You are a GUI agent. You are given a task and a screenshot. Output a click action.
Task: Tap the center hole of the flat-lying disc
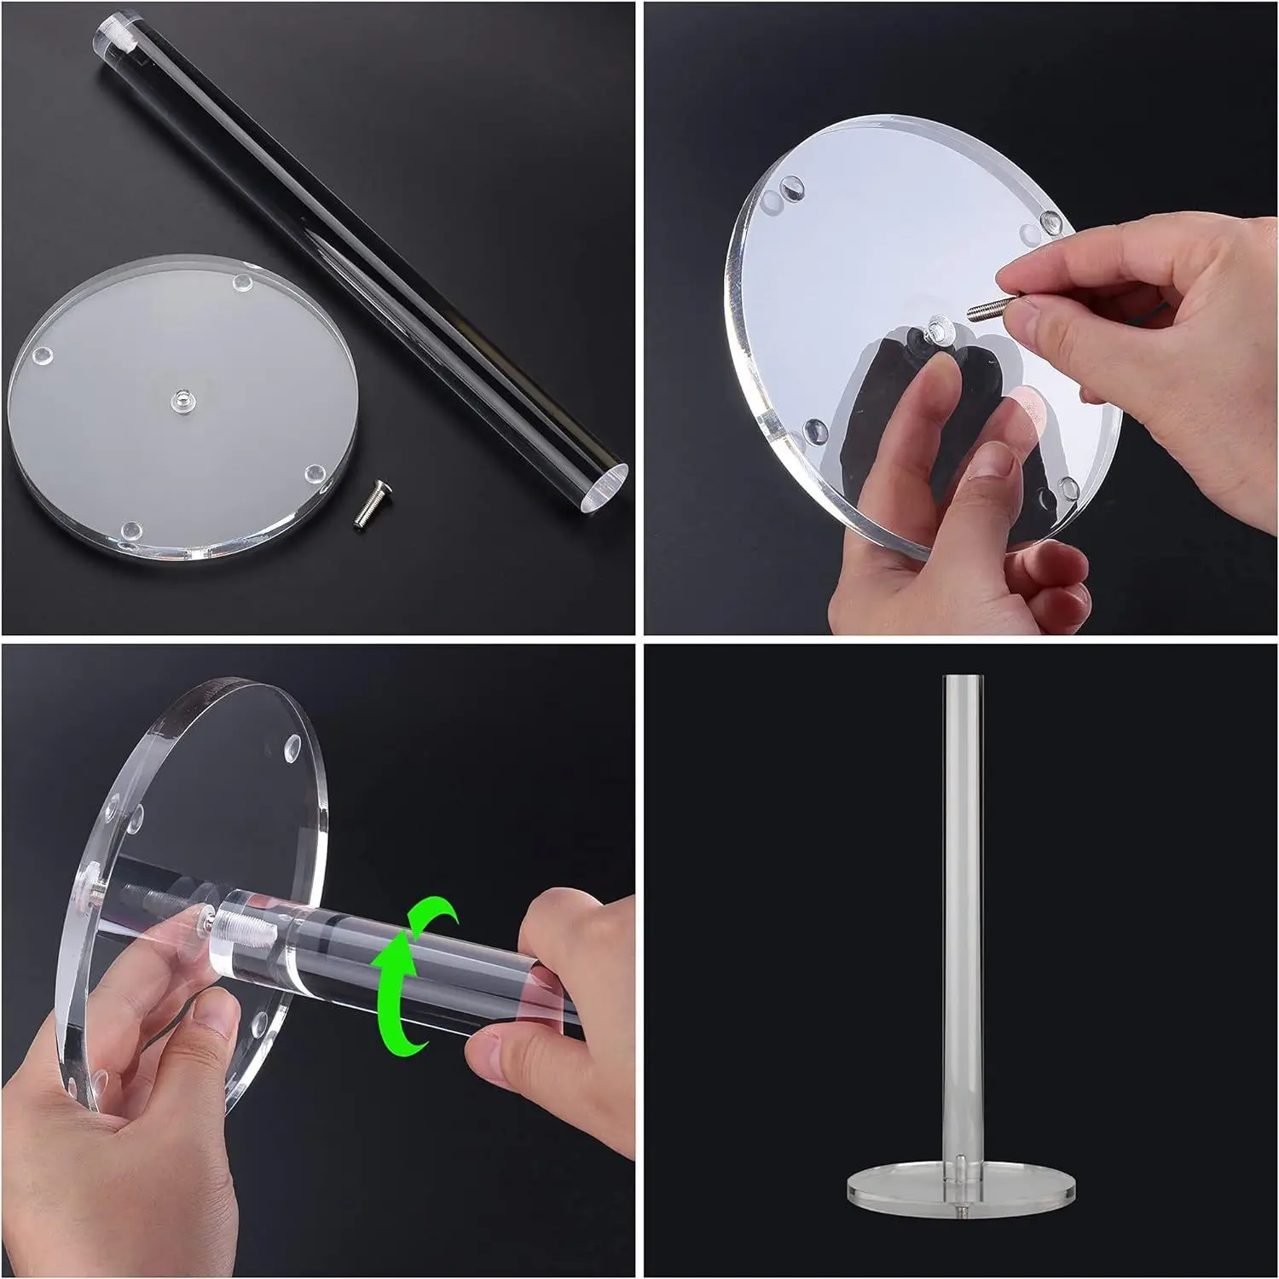click(180, 398)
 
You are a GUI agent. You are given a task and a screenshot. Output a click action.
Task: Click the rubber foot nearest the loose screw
click(315, 472)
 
